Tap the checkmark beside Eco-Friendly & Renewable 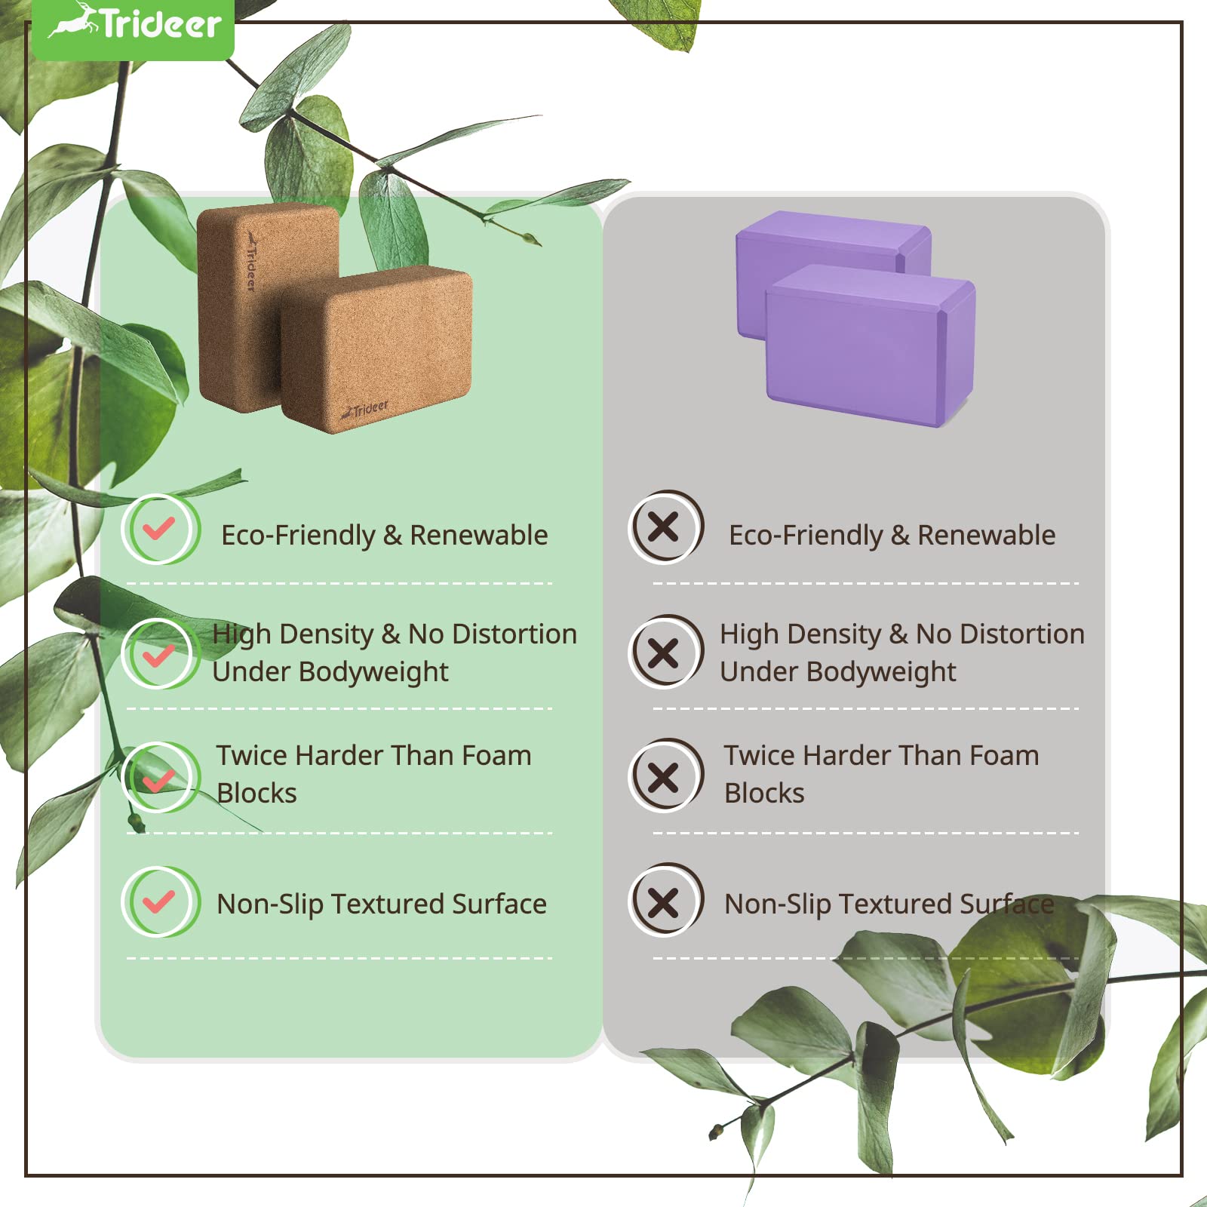pyautogui.click(x=160, y=529)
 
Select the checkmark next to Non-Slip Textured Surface pyautogui.click(x=160, y=901)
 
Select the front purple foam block pyautogui.click(x=871, y=344)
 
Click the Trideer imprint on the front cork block pyautogui.click(x=365, y=410)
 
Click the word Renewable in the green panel pyautogui.click(x=478, y=535)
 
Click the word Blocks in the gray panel pyautogui.click(x=764, y=793)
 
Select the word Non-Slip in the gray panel pyautogui.click(x=777, y=904)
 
